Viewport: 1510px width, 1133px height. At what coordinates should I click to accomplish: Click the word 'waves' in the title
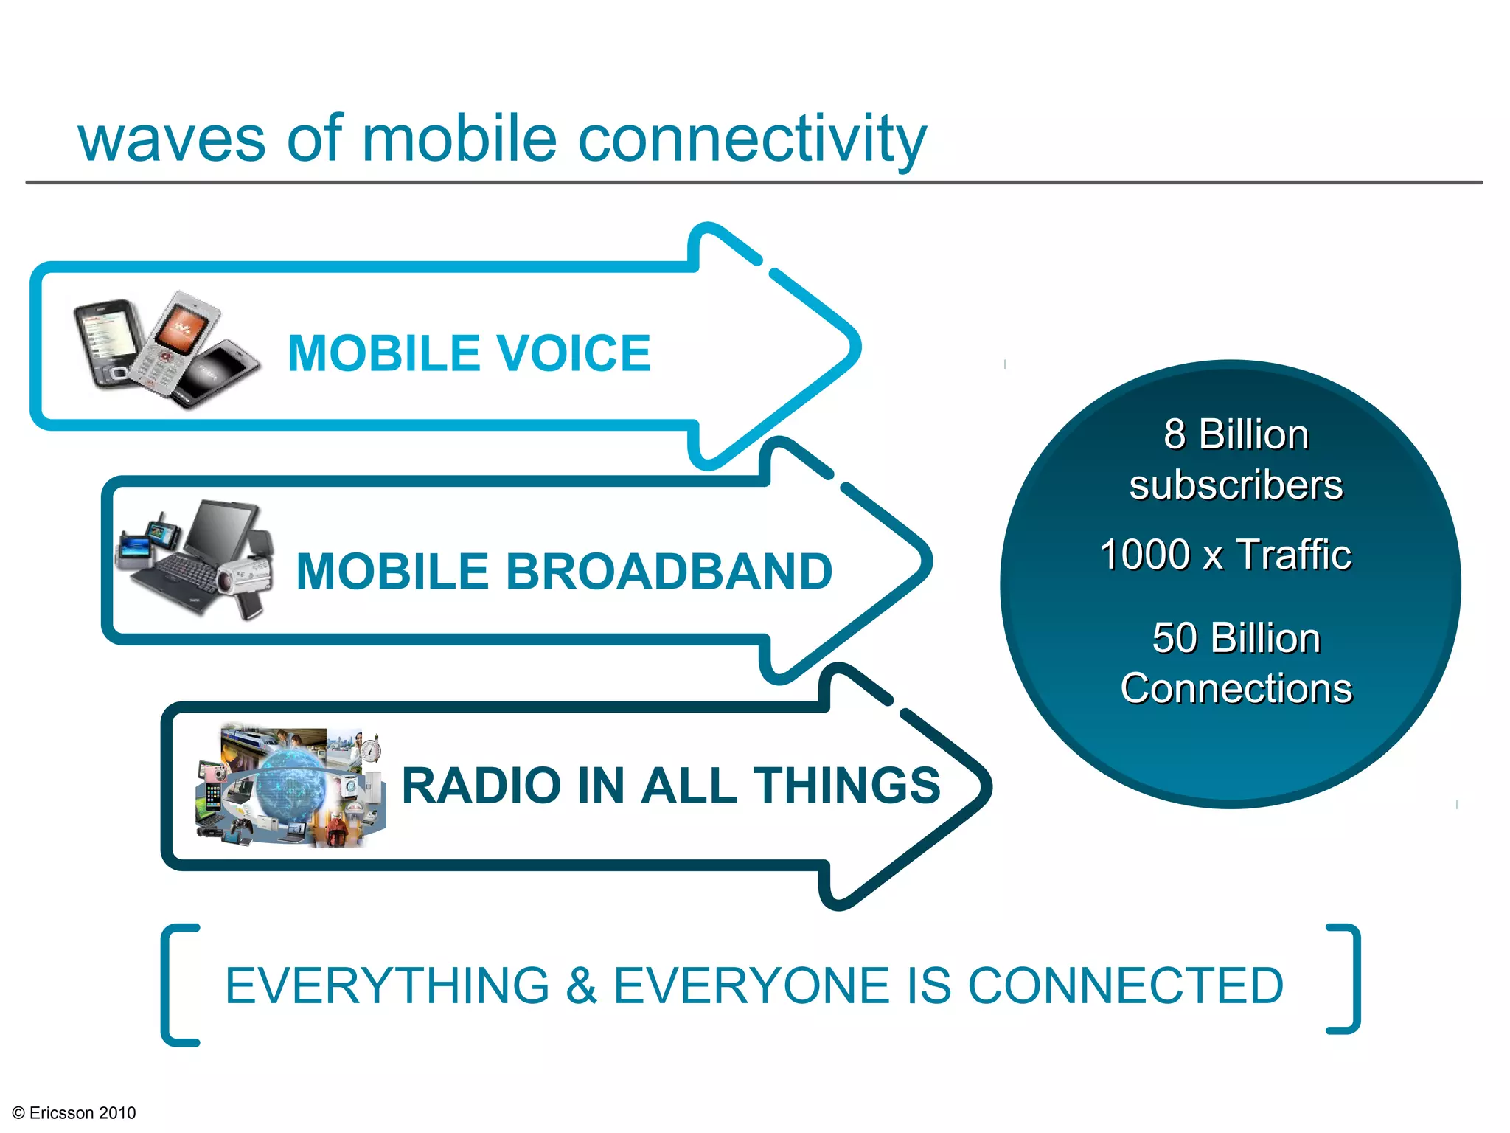coord(171,140)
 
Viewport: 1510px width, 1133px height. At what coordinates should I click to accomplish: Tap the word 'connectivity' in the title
coord(752,140)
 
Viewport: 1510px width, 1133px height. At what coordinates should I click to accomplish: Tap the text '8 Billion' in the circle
coord(1236,434)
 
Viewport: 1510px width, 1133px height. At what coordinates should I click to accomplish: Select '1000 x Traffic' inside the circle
coord(1225,555)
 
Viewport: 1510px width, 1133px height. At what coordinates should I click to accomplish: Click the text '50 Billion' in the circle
coord(1236,638)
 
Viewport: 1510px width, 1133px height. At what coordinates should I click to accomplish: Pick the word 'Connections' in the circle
coord(1236,689)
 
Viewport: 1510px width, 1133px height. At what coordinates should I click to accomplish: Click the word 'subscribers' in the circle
coord(1236,485)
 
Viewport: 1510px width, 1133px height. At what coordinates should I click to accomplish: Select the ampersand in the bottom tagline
coord(581,986)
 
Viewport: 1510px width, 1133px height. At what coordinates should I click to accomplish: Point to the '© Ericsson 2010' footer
coord(74,1113)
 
